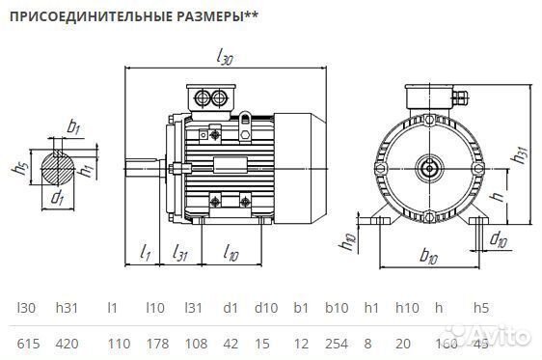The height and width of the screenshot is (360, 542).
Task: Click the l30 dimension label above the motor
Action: coord(226,59)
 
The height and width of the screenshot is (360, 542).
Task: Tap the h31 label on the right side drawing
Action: coord(519,153)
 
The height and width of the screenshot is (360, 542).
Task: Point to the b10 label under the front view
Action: coord(428,259)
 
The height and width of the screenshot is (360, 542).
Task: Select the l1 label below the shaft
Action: coord(144,254)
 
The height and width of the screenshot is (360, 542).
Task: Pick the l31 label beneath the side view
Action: coord(179,254)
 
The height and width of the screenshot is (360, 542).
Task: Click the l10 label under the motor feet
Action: coord(230,254)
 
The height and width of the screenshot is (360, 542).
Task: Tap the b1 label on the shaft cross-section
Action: coord(74,125)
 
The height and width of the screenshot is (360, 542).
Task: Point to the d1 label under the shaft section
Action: coord(57,200)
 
